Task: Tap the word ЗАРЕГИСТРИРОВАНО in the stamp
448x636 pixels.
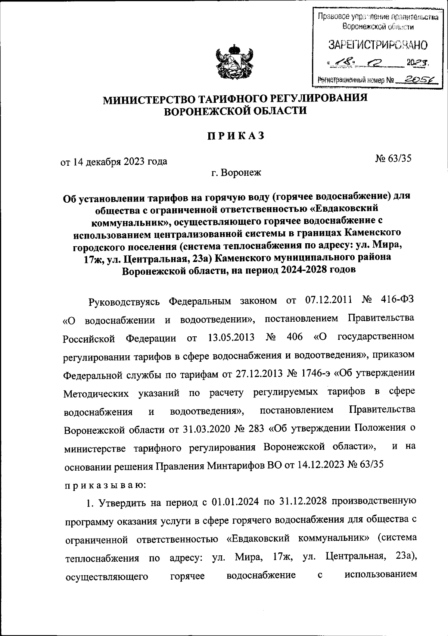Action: pos(378,46)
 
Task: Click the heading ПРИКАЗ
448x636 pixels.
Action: pos(236,136)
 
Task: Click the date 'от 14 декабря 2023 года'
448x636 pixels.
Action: pos(114,161)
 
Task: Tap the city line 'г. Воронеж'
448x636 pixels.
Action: pos(236,173)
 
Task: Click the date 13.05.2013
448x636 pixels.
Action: pos(230,337)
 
